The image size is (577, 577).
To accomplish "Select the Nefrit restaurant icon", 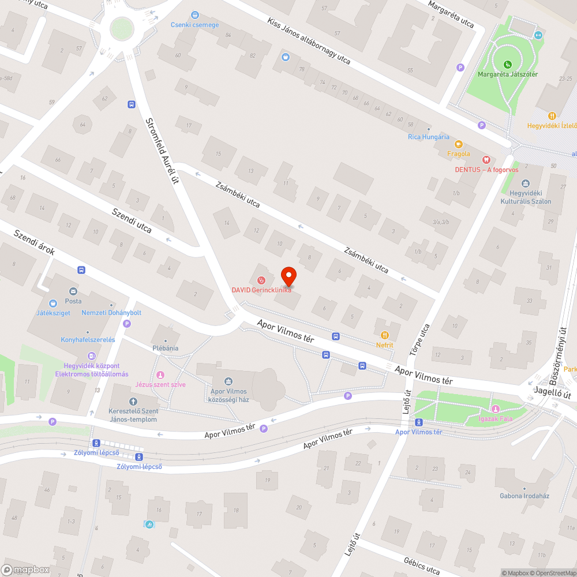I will (x=384, y=335).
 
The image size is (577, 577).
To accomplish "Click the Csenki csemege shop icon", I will (x=195, y=15).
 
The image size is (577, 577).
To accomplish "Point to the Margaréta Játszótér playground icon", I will (x=507, y=64).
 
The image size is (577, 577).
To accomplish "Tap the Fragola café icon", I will (x=459, y=144).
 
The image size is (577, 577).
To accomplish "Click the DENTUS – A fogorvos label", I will (x=486, y=169).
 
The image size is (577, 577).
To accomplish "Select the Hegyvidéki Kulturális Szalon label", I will (x=526, y=197).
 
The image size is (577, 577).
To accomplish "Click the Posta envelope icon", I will (x=73, y=291).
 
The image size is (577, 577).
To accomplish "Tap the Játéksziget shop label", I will (x=53, y=312).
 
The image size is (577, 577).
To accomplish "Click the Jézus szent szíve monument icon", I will (x=160, y=375).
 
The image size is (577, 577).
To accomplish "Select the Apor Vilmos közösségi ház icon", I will (x=228, y=381).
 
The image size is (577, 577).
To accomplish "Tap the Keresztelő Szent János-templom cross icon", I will (x=133, y=402).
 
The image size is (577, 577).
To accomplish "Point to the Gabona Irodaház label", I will (x=524, y=496).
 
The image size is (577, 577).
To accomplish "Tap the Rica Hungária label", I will (x=428, y=137).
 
